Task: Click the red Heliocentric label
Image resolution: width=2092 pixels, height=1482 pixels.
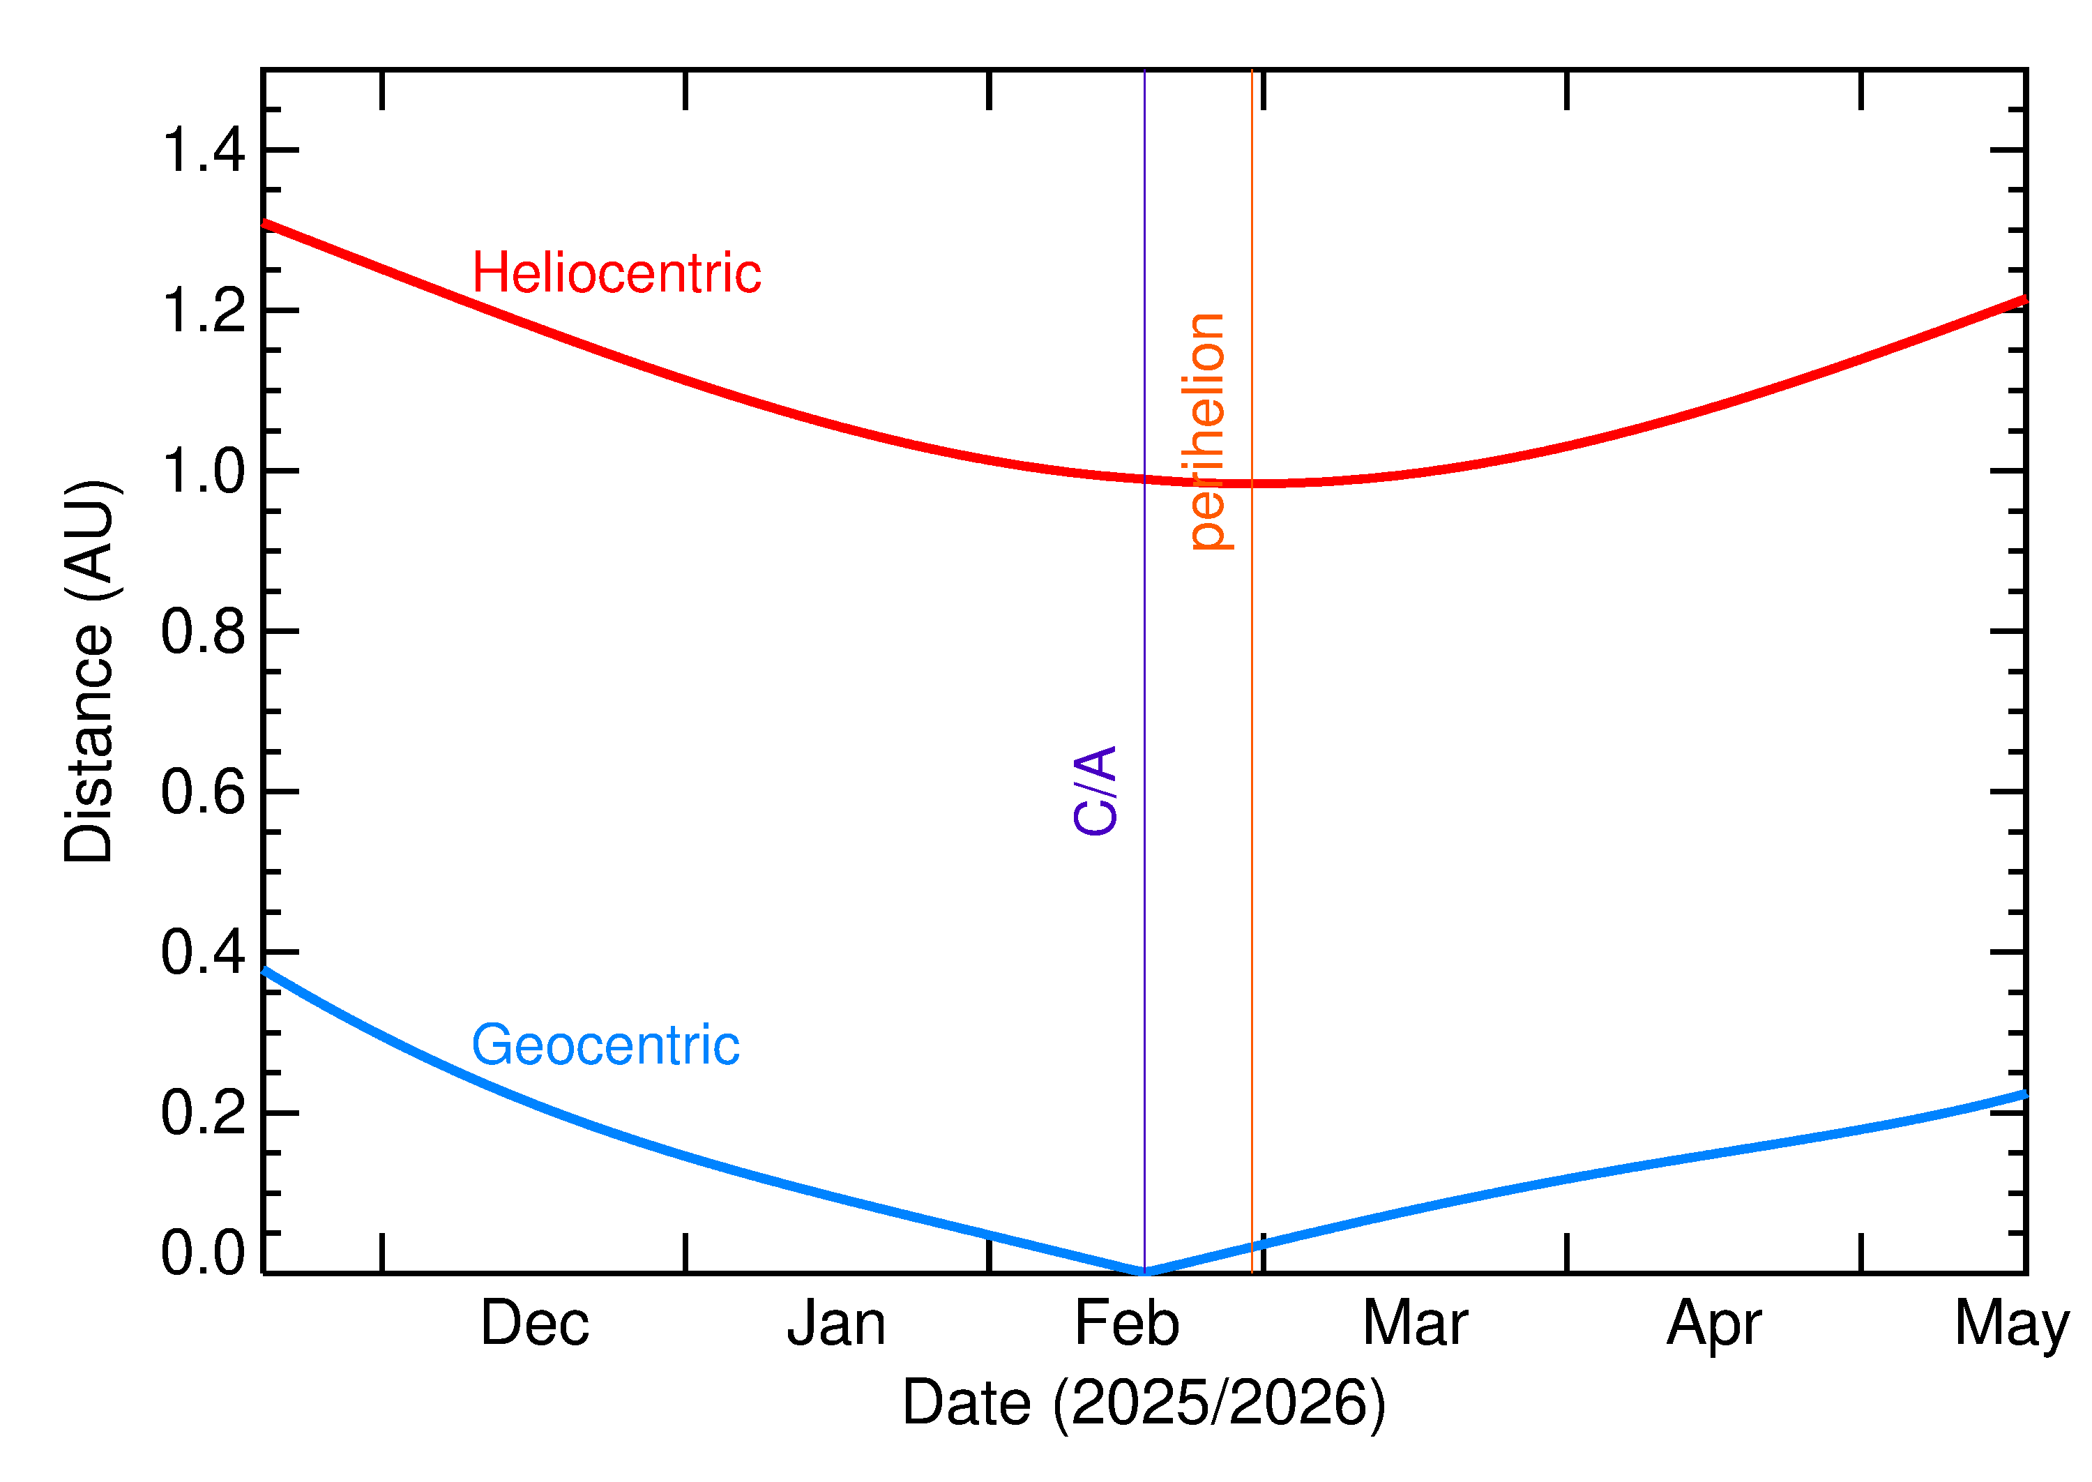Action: click(x=616, y=274)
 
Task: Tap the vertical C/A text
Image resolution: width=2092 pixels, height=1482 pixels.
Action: click(x=1096, y=790)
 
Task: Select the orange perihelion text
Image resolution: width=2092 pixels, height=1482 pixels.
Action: click(x=1208, y=431)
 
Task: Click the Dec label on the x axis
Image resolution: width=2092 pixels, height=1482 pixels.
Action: click(x=535, y=1324)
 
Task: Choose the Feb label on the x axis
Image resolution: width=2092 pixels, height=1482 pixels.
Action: click(x=1127, y=1324)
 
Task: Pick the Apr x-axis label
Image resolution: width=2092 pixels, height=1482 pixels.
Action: click(x=1713, y=1326)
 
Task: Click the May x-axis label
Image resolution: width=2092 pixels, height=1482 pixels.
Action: click(x=2011, y=1326)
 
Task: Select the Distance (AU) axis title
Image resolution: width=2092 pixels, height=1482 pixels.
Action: click(x=89, y=672)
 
